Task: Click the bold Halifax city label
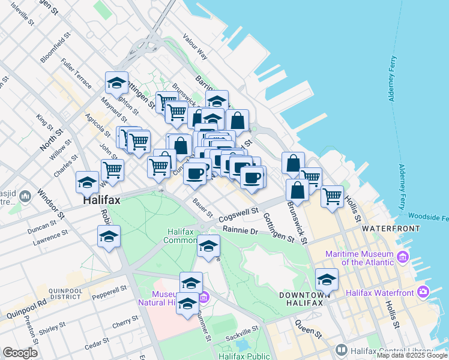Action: point(101,201)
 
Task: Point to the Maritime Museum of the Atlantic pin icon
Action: point(402,257)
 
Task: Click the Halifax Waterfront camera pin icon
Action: point(424,292)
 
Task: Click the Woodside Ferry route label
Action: point(427,215)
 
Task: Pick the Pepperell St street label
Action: point(110,292)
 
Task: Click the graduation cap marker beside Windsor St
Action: point(87,182)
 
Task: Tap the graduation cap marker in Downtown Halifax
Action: point(327,280)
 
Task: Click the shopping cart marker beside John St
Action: point(112,170)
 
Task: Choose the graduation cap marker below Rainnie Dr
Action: point(208,246)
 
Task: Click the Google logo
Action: point(20,353)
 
